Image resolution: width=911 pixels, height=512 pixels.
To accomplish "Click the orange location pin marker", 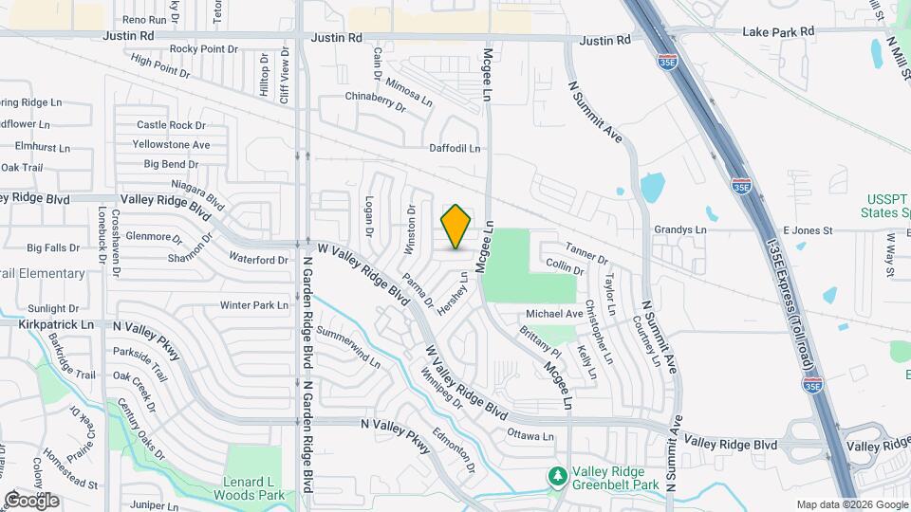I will point(456,227).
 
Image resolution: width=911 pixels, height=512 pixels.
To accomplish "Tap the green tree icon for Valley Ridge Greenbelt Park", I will point(559,475).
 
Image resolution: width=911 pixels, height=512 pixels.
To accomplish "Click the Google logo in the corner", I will point(30,500).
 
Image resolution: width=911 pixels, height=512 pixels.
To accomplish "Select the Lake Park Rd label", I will point(779,31).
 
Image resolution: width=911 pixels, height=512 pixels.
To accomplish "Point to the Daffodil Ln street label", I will point(455,149).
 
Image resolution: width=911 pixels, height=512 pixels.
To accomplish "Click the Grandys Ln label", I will point(680,229).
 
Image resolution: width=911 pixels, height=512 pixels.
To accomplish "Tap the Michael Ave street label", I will point(553,314).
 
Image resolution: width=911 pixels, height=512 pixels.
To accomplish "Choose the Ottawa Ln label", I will point(530,436).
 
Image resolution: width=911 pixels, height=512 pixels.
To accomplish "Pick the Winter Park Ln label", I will point(253,305).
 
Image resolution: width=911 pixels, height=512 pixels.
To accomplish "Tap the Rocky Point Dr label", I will point(203,49).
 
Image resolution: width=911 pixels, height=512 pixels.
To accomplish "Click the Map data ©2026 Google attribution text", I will point(850,504).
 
